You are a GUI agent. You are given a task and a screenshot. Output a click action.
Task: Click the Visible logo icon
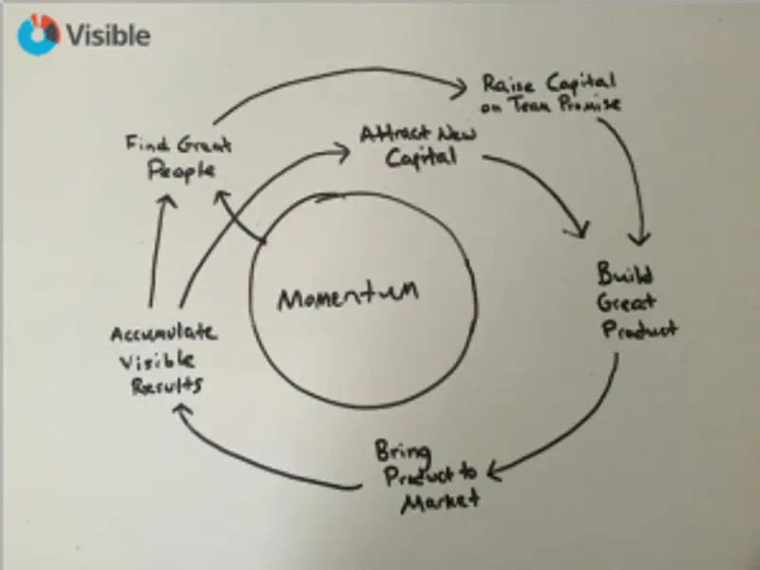pos(38,34)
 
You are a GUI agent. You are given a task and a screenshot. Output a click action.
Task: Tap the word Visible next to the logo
pos(107,35)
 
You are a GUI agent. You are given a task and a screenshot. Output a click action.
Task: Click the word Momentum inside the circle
pos(348,297)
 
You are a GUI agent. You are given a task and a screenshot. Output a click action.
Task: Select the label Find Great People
pos(180,158)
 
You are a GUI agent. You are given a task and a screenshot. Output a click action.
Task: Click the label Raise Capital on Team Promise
pos(549,93)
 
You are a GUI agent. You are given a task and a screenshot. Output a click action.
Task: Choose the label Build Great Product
pos(634,302)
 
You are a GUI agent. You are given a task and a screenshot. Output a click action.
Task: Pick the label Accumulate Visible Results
pos(161,360)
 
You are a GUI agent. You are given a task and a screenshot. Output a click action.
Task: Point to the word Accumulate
pos(162,334)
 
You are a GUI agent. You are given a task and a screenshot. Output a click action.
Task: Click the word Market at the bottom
pos(438,500)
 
